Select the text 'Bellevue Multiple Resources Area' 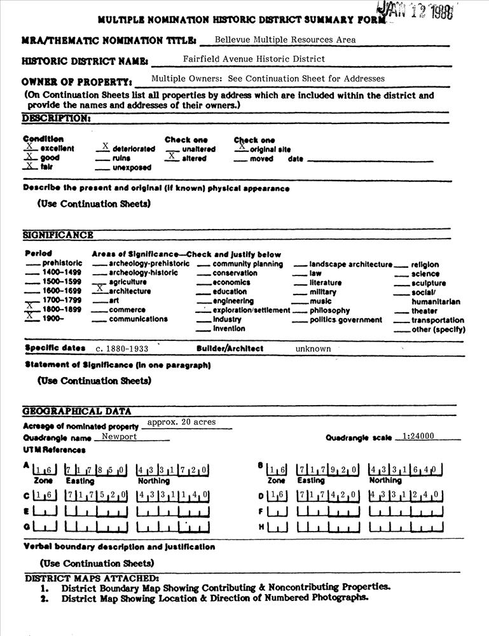coord(285,39)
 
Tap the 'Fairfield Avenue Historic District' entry coord(254,59)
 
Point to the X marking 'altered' coord(171,156)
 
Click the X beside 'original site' coord(241,146)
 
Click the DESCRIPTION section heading coord(56,118)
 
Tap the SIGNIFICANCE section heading coord(58,235)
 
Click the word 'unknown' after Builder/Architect coord(313,349)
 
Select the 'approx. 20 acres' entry coord(181,422)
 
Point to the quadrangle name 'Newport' coord(120,437)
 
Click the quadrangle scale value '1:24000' coord(418,436)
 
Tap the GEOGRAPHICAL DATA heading coord(77,411)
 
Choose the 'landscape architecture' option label coord(351,264)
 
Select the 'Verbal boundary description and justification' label coord(119,546)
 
